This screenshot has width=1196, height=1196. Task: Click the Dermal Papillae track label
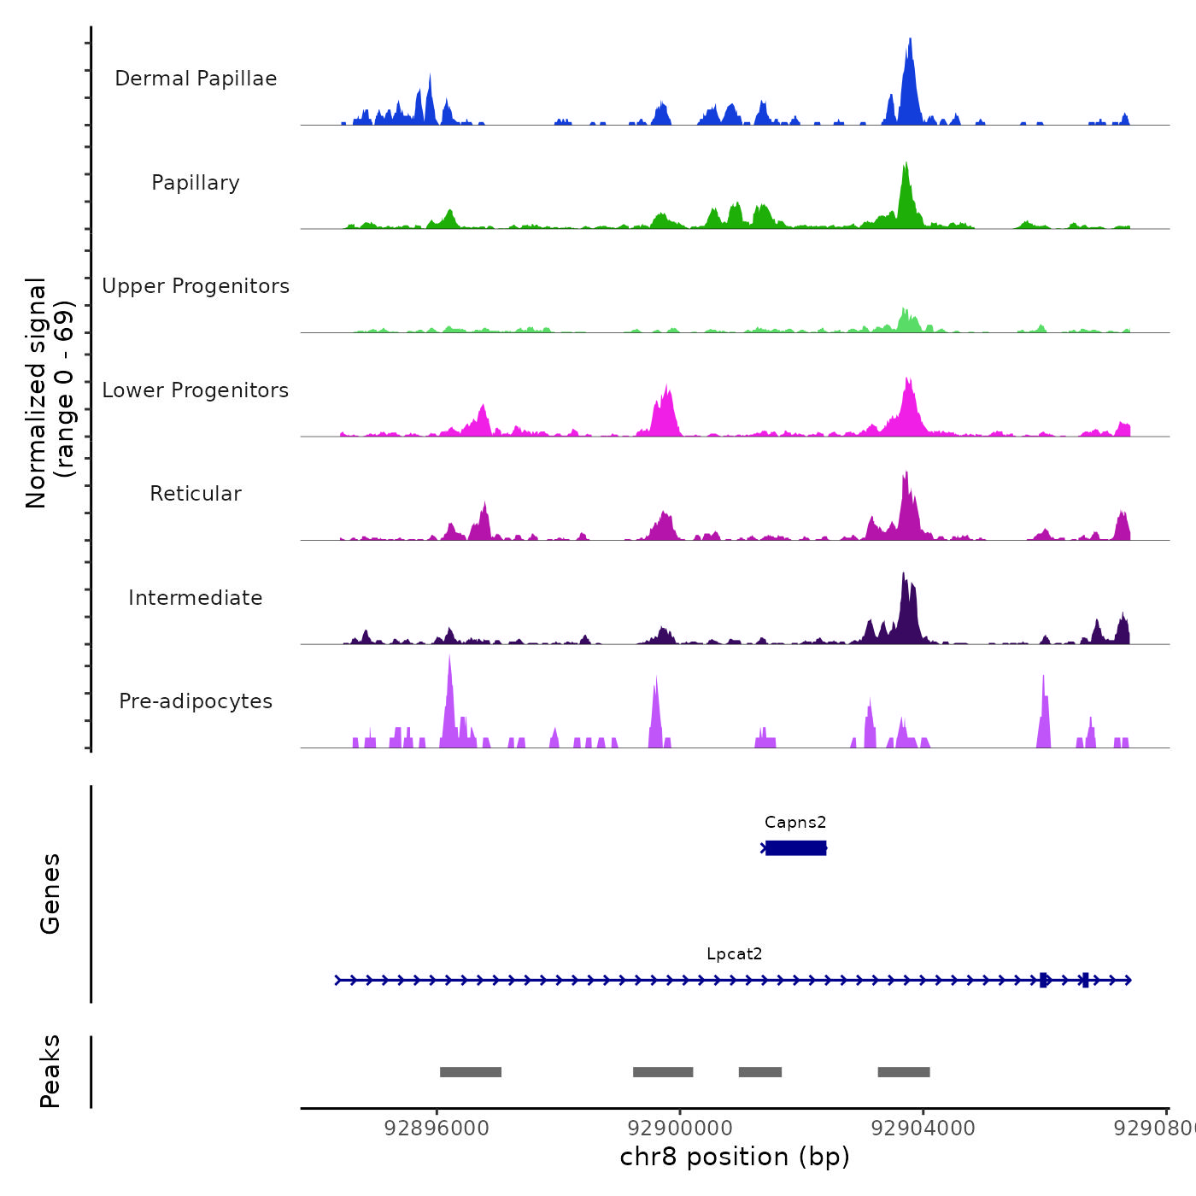point(196,79)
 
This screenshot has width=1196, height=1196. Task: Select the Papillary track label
point(196,183)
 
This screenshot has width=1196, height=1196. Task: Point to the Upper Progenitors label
point(196,286)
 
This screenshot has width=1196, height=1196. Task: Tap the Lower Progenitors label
point(196,390)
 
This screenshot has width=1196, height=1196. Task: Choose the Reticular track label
point(196,494)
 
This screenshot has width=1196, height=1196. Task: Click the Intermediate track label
point(196,598)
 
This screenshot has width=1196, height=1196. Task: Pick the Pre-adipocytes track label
point(196,701)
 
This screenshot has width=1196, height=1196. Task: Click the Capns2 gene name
point(795,823)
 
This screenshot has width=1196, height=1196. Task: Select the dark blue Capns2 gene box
point(795,847)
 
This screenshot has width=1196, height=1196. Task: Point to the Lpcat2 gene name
point(734,954)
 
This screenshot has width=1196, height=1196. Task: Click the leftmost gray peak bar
point(471,1072)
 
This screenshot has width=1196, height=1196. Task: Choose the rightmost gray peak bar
point(904,1072)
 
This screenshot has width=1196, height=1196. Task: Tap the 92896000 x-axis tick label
point(437,1129)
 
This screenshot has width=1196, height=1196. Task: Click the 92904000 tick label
point(923,1129)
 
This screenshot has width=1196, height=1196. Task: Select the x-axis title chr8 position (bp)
point(735,1158)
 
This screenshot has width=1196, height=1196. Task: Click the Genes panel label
point(50,894)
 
